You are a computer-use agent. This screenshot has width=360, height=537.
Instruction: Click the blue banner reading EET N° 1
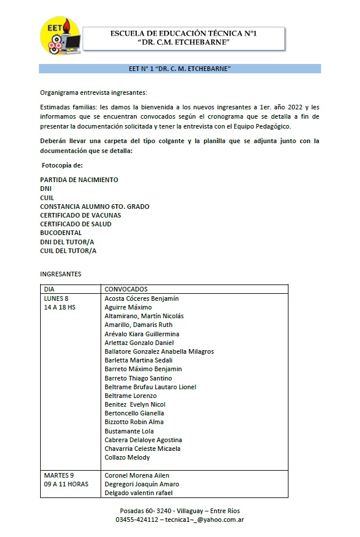point(180,69)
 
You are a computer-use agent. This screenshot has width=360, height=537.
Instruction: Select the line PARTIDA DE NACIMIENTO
point(79,180)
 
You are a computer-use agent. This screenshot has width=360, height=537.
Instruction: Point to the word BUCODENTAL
point(61,233)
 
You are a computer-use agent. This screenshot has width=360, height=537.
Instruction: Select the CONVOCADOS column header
point(126,289)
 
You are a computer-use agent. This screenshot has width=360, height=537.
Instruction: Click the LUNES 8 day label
point(56,298)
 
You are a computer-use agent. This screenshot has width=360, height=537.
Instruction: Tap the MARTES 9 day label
point(58,475)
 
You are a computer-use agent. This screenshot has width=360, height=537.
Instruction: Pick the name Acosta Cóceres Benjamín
point(141,298)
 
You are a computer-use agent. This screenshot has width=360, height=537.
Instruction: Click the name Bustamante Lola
point(129,431)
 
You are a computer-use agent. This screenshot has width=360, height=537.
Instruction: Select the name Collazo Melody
point(127,457)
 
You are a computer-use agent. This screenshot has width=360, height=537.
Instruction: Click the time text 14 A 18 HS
point(59,307)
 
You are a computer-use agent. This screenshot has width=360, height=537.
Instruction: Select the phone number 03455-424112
point(137,519)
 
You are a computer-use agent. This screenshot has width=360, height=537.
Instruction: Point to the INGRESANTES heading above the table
point(60,274)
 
